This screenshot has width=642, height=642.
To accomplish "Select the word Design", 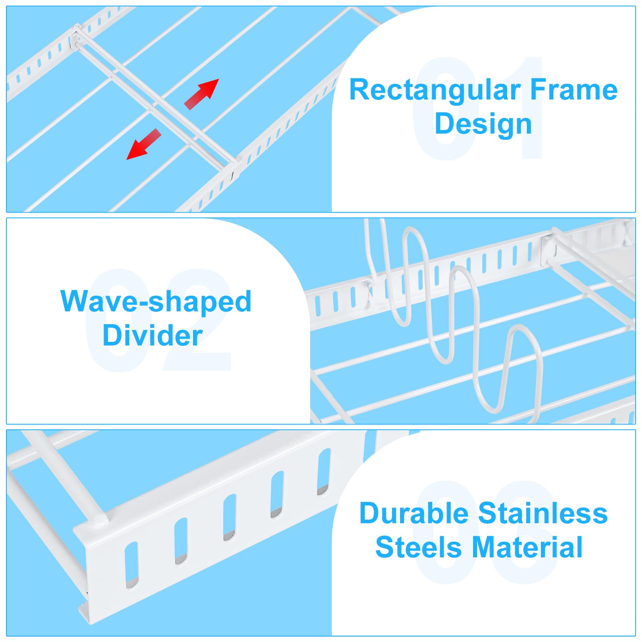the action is click(483, 124).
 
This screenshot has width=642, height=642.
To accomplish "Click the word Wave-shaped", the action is click(156, 302).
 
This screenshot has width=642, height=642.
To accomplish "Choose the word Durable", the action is click(414, 513).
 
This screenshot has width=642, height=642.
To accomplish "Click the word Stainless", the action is click(543, 513).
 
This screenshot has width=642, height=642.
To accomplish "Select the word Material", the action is click(527, 547).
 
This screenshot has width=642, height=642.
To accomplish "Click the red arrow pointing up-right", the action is click(202, 94).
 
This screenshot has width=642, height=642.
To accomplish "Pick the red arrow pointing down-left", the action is click(144, 144).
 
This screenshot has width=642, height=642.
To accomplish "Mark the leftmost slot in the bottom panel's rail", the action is click(132, 565).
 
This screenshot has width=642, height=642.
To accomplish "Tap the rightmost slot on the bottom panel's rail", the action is click(324, 471).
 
